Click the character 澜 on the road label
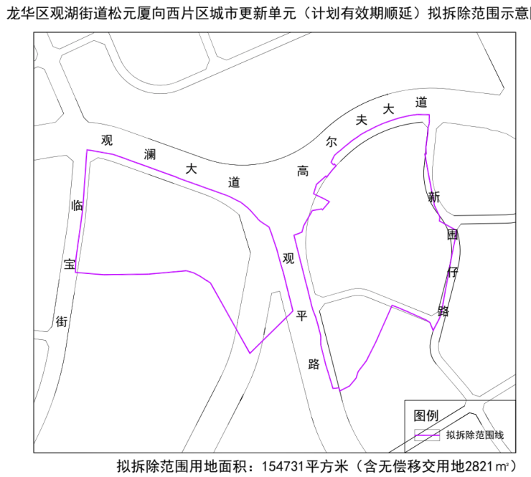150,155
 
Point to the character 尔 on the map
331,141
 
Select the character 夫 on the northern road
362,121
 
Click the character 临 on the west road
77,206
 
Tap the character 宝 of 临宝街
70,265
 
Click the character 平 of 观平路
301,316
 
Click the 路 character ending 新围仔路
443,311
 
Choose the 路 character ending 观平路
314,364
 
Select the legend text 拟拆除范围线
475,435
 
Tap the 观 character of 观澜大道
108,140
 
